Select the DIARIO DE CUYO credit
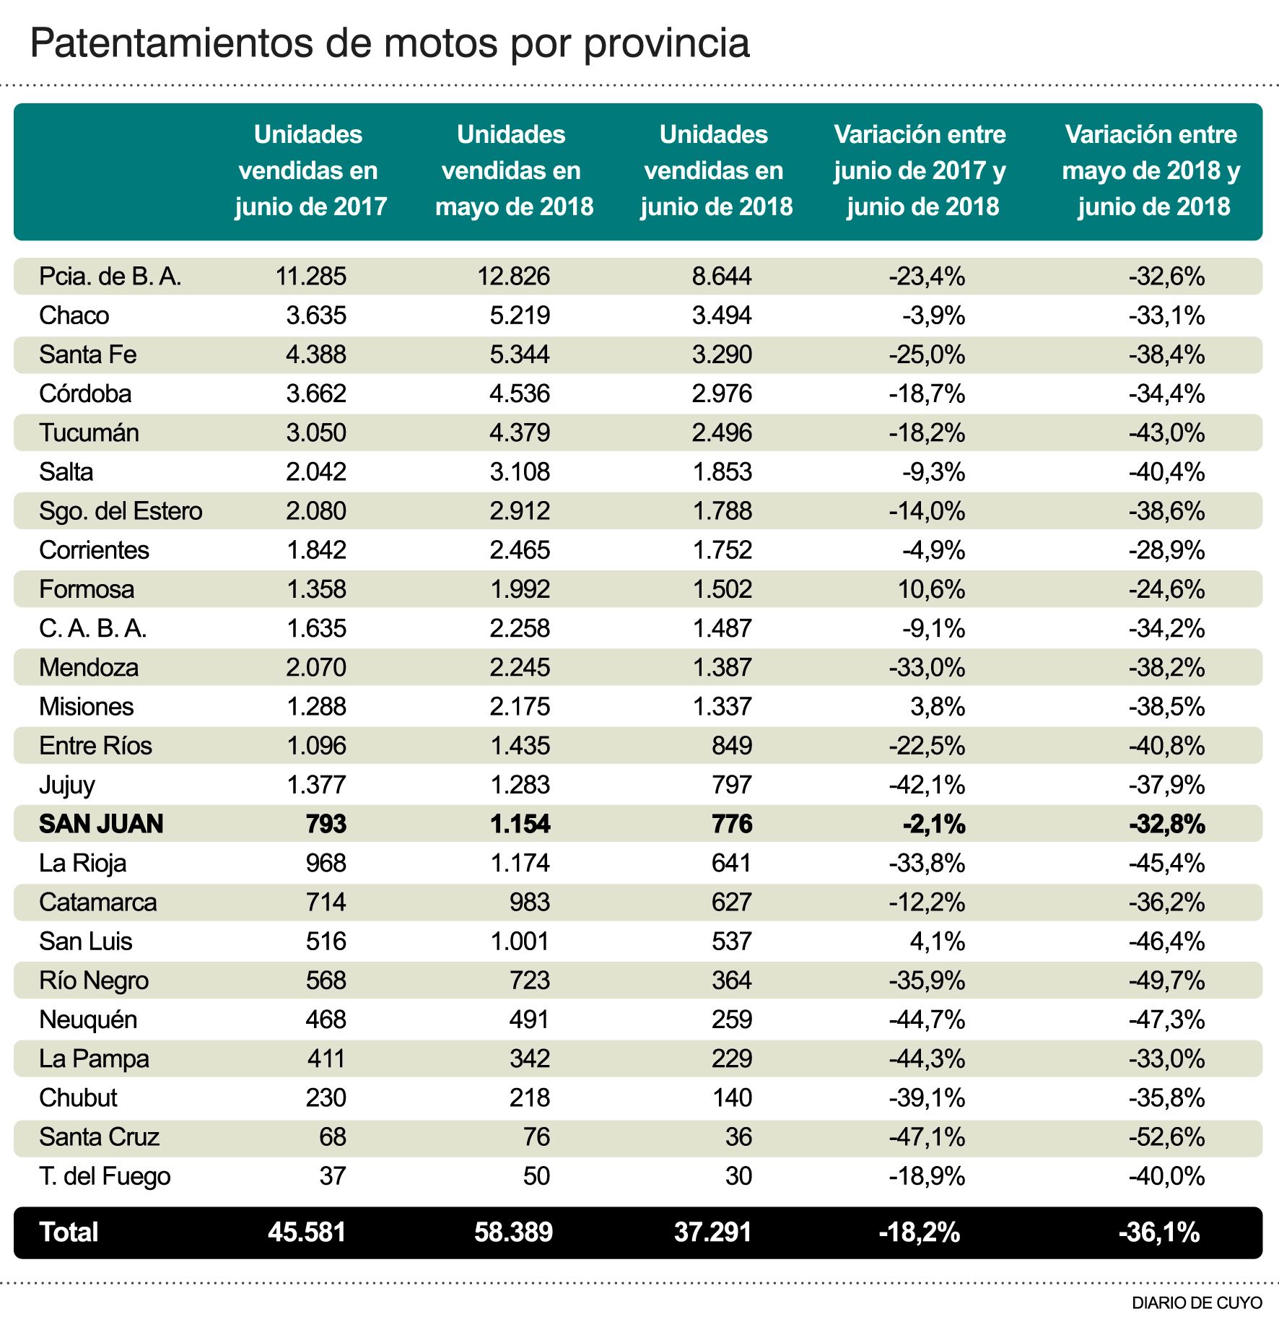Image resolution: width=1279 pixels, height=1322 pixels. pyautogui.click(x=1197, y=1303)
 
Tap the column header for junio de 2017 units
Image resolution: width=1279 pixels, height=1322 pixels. pyautogui.click(x=310, y=170)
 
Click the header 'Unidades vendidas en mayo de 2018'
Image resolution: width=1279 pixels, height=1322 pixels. pyautogui.click(x=513, y=170)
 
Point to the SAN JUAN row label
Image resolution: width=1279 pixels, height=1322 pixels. pyautogui.click(x=101, y=824)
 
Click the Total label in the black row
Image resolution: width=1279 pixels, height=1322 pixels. pyautogui.click(x=69, y=1232)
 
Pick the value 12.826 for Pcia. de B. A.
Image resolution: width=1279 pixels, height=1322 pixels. pyautogui.click(x=513, y=277)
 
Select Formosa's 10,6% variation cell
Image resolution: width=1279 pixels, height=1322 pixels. pyautogui.click(x=931, y=589)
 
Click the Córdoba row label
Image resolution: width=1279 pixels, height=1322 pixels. pyautogui.click(x=85, y=393)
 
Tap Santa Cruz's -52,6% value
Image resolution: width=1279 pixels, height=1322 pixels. pyautogui.click(x=1166, y=1136)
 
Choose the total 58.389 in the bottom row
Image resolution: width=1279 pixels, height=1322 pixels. pyautogui.click(x=513, y=1232)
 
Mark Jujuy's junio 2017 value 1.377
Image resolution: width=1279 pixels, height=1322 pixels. pyautogui.click(x=316, y=785)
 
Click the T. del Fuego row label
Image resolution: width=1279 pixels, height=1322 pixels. pyautogui.click(x=105, y=1176)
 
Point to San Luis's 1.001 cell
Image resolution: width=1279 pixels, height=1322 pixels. pyautogui.click(x=520, y=942)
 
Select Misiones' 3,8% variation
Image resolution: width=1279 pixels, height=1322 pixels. pyautogui.click(x=938, y=707)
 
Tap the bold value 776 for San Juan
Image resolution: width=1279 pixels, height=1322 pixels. pyautogui.click(x=732, y=824)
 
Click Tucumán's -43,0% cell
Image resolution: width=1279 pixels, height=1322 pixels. pyautogui.click(x=1166, y=433)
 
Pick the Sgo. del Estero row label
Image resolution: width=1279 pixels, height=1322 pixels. pyautogui.click(x=121, y=511)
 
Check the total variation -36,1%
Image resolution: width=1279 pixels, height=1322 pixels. pyautogui.click(x=1159, y=1232)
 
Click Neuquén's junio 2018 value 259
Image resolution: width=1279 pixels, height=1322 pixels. pyautogui.click(x=732, y=1019)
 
